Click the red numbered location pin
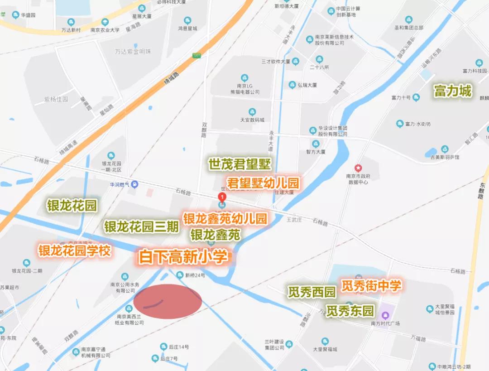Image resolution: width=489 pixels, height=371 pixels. [222, 198]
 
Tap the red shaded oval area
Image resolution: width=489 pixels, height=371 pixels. [168, 301]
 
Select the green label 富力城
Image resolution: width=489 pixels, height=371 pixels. [452, 91]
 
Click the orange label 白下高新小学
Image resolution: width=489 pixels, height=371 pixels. [183, 257]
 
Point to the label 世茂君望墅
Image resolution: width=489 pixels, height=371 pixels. [240, 164]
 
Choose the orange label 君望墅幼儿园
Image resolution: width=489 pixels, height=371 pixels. [263, 183]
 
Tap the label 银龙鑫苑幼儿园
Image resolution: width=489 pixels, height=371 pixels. [225, 218]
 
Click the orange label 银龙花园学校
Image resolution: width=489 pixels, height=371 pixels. [74, 251]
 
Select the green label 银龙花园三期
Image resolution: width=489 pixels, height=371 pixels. [141, 226]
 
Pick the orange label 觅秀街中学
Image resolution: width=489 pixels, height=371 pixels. [371, 285]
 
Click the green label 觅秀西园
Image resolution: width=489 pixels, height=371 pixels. [312, 292]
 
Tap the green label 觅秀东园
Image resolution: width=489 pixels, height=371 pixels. [350, 311]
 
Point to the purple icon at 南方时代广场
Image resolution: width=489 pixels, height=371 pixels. [385, 315]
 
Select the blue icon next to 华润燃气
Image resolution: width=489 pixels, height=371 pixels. [135, 184]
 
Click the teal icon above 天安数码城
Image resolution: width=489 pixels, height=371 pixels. [252, 112]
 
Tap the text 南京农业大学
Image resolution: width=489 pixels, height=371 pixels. [105, 30]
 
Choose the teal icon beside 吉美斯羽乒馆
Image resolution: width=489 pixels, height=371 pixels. [445, 149]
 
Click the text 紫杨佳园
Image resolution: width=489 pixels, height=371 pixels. [56, 99]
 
